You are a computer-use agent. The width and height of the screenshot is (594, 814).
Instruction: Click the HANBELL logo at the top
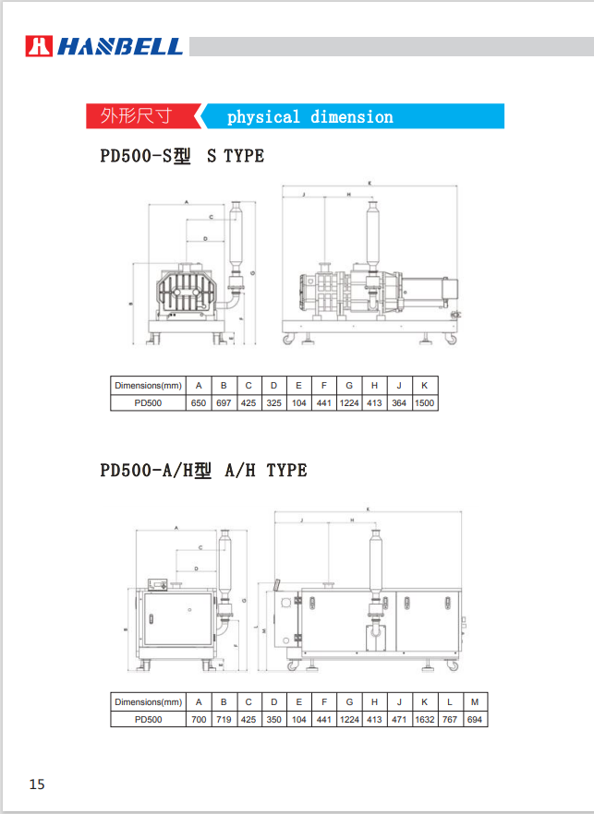[103, 46]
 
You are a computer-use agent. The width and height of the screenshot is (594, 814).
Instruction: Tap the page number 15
[37, 784]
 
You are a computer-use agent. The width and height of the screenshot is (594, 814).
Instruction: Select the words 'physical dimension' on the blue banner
[309, 117]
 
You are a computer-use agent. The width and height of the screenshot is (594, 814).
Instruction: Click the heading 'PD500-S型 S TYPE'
[182, 156]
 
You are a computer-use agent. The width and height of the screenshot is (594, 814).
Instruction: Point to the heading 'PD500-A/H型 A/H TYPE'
[203, 471]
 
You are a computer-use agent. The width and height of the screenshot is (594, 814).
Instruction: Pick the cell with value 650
[199, 402]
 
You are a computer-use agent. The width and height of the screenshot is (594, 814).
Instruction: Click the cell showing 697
[224, 402]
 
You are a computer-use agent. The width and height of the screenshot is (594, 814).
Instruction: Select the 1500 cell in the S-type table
[425, 402]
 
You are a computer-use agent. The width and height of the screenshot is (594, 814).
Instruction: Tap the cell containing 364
[399, 402]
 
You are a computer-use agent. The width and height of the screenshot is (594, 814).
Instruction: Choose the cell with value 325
[273, 402]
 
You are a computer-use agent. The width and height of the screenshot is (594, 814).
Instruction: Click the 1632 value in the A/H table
[424, 719]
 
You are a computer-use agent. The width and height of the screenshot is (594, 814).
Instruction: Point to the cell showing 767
[450, 719]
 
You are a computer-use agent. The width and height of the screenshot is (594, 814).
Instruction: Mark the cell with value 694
[475, 719]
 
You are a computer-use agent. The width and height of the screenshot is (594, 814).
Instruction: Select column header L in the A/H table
[450, 701]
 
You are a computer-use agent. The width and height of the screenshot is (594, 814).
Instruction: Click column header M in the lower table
[475, 701]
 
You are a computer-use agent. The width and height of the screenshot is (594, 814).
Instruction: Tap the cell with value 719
[224, 719]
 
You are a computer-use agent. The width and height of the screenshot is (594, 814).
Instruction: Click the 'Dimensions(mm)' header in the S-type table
[148, 385]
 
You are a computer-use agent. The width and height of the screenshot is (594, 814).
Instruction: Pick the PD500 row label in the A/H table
[148, 719]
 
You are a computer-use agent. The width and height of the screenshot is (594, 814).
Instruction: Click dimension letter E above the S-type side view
[370, 184]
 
